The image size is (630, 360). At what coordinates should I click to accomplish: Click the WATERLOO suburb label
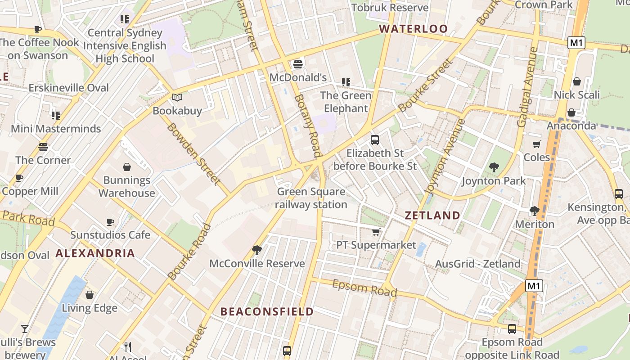coord(413,29)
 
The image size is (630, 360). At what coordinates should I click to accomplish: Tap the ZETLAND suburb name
coord(432,216)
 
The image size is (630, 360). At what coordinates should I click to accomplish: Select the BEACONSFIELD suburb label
coord(267,311)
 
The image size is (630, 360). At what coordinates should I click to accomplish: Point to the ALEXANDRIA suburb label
coord(95,253)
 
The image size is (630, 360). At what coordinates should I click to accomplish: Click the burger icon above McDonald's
coord(297,64)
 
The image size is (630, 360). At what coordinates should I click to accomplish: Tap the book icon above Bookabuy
coord(177,97)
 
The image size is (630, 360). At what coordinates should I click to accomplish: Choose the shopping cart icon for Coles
coord(536,144)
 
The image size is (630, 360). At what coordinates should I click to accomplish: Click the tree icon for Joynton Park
coord(494,168)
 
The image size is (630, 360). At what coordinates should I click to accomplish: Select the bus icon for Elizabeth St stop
coord(375,140)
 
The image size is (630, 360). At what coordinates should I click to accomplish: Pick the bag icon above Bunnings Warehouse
coord(127,167)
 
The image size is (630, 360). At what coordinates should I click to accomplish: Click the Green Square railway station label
coord(311,198)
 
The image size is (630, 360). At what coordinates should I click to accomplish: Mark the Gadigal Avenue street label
coord(528,88)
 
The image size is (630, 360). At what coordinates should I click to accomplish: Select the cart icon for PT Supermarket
coord(376,232)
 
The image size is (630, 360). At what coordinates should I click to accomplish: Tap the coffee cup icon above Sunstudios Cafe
coord(110,222)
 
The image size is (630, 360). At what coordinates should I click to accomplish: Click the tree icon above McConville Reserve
coord(257,250)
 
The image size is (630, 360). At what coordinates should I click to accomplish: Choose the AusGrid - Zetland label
coord(477,264)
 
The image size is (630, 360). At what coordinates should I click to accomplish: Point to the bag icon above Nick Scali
coord(576,81)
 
